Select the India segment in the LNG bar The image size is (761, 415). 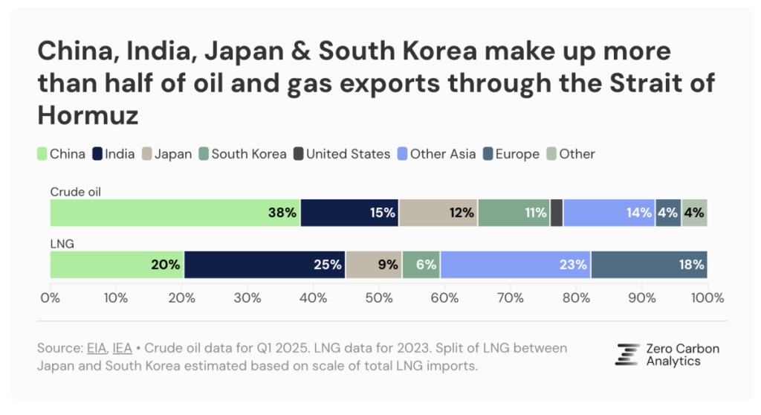pos(265,264)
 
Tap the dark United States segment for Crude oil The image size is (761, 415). pos(557,213)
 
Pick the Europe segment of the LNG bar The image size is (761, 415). pos(648,264)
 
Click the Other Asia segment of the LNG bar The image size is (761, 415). pos(515,264)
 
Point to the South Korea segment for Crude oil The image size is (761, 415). pos(514,213)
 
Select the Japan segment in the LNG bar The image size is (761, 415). pos(374,264)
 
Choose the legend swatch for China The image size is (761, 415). pos(43,155)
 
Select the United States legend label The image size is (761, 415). pos(348,155)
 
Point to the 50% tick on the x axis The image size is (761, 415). pos(378,298)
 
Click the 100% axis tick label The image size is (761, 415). pos(707,298)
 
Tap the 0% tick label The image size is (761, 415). pos(51,298)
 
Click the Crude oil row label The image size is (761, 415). pos(75,192)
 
